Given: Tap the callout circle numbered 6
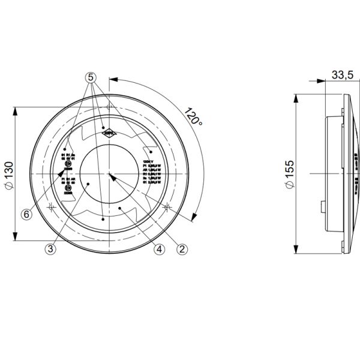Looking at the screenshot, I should pyautogui.click(x=26, y=214).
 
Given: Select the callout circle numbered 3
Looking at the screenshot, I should pyautogui.click(x=51, y=248).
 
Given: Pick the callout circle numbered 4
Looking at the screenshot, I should pyautogui.click(x=159, y=248).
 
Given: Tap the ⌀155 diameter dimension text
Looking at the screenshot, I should pyautogui.click(x=290, y=174).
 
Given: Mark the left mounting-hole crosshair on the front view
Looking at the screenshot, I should pyautogui.click(x=52, y=208).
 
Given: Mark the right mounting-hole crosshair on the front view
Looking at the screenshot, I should pyautogui.click(x=167, y=208).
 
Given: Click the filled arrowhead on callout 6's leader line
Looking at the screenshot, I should pyautogui.click(x=62, y=175).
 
